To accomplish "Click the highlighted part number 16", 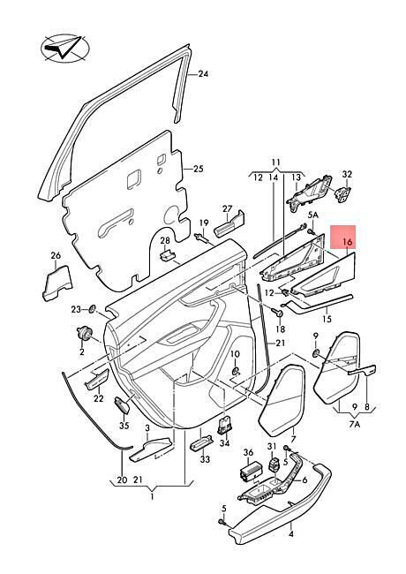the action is coord(348,242).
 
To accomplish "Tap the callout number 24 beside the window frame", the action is coord(203,74).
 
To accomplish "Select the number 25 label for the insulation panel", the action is coord(199,170).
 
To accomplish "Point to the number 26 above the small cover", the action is coord(56,255).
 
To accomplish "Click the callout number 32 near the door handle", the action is coord(347,174).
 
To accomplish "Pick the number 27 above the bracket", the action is coord(228,208).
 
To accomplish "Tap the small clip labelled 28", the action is coord(168,255).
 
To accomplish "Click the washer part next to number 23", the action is coord(92,309).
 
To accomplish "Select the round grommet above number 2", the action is coord(85,333).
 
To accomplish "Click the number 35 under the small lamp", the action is coord(124,427).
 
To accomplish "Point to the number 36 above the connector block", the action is coord(248,453).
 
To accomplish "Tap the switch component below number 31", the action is coord(274,466).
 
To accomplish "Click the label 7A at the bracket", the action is coord(355,424).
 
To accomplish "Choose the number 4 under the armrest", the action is coord(291,534).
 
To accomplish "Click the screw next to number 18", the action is coord(278,313).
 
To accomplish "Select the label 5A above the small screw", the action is coord(313,215).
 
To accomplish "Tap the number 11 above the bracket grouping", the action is coord(276,162).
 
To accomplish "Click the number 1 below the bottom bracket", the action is coord(152,497).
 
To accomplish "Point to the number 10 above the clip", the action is coord(235,354).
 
